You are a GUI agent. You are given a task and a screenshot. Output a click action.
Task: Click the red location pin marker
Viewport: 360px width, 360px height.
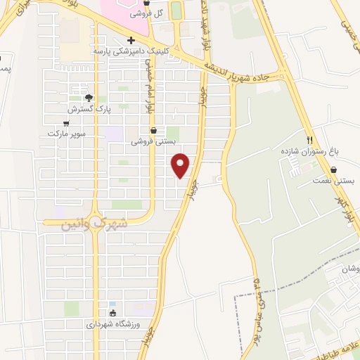pos(181,165)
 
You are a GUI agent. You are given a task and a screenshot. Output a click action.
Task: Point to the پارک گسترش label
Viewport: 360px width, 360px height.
pos(86,109)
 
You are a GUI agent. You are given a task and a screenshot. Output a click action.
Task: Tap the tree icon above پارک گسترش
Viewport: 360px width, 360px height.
pos(89,98)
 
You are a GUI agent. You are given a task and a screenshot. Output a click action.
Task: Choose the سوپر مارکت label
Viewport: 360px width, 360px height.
pos(66,133)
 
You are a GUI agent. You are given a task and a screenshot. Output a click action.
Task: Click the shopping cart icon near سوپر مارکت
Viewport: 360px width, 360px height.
pos(66,122)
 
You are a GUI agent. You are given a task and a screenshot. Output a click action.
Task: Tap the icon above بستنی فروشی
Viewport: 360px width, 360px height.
pos(153,130)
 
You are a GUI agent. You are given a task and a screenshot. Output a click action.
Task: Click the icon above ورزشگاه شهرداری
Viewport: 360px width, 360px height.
pos(112,313)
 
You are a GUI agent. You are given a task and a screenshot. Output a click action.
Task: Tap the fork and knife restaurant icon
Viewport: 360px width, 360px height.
pos(309,140)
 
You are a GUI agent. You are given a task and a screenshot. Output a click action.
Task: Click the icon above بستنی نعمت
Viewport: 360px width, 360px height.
pos(333,169)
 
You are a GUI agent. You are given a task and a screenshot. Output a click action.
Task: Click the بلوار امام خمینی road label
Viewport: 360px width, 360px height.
pos(148,85)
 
